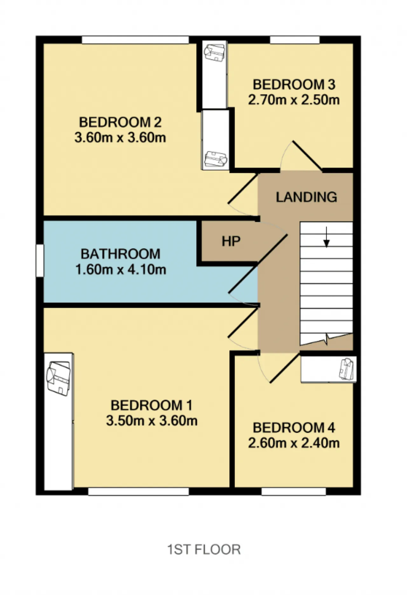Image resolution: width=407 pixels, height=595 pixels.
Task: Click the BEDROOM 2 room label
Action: pos(120,122)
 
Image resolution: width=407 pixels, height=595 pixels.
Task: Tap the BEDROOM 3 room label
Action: pos(294,85)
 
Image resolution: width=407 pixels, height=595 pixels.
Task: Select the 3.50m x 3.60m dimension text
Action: pos(152,421)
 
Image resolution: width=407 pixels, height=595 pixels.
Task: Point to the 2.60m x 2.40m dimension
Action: pos(294,443)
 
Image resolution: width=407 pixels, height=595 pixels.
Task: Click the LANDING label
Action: pos(307,197)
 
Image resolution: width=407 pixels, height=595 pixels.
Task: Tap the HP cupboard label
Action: pos(231,241)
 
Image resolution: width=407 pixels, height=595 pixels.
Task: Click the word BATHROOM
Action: pos(121,254)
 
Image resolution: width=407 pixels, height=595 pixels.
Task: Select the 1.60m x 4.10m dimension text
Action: pos(121,269)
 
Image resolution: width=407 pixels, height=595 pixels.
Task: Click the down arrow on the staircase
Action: pos(326,237)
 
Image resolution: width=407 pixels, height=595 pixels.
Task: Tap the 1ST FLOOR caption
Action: pos(204,550)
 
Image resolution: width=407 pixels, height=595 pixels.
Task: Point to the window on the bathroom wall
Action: pos(40,260)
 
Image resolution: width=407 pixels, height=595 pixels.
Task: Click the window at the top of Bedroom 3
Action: pos(295,40)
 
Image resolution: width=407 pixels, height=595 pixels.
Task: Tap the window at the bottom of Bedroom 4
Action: pos(293,491)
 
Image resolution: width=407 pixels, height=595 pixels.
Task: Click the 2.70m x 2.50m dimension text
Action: pos(294,100)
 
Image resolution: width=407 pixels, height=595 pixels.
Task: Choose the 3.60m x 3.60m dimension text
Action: pos(120,138)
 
